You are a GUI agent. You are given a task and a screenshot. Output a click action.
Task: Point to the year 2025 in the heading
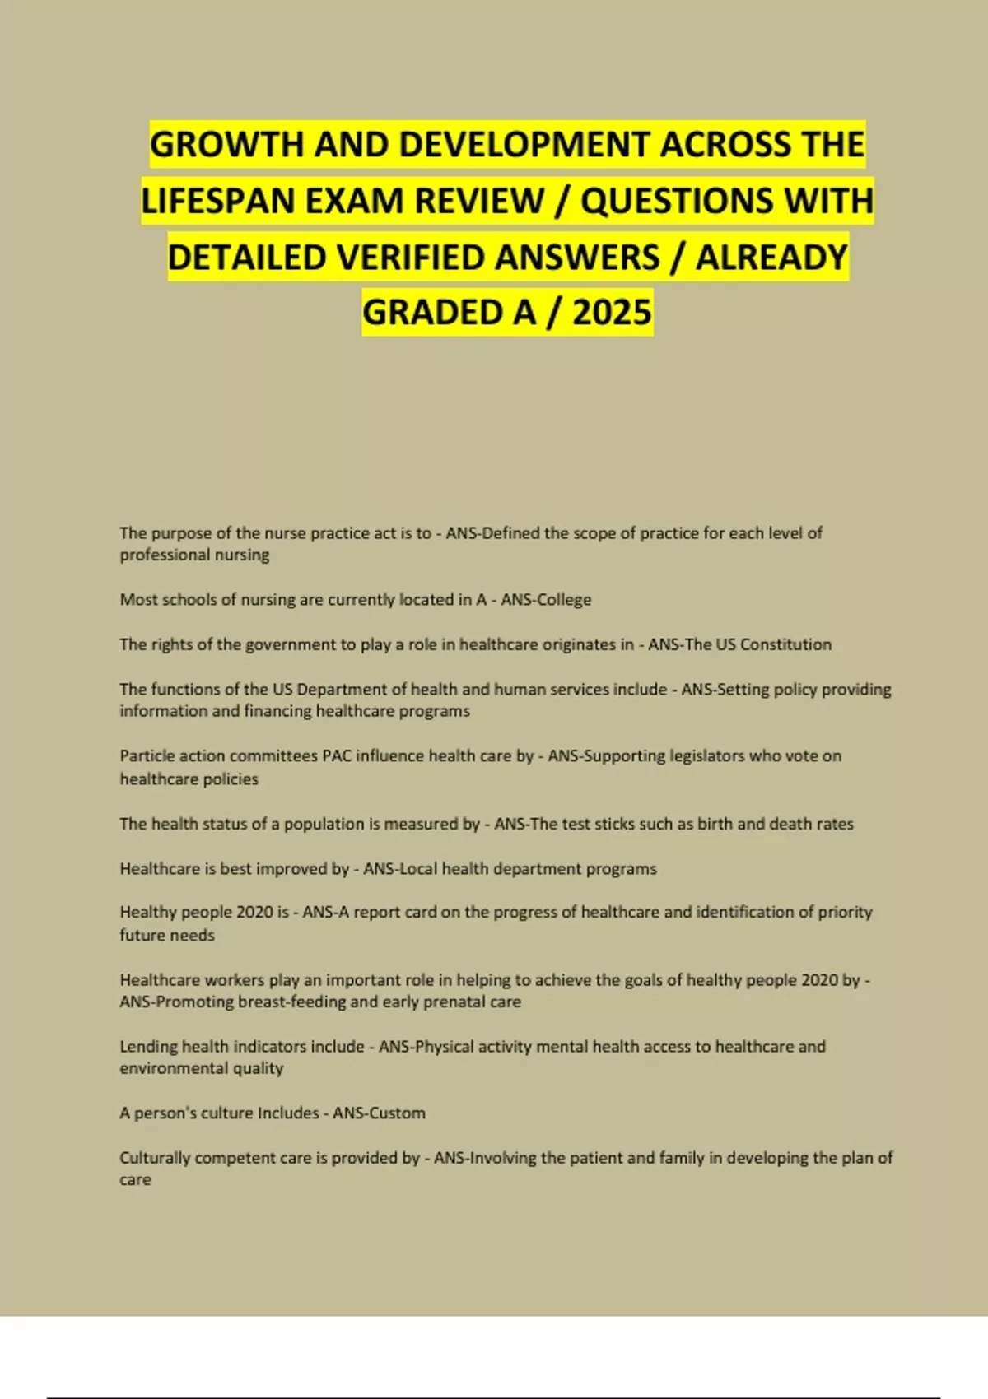click(612, 313)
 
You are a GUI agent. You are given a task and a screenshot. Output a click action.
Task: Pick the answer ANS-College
click(546, 600)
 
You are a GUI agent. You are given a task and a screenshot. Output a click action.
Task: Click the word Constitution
click(785, 644)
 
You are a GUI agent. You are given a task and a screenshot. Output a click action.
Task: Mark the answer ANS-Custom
click(379, 1113)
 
